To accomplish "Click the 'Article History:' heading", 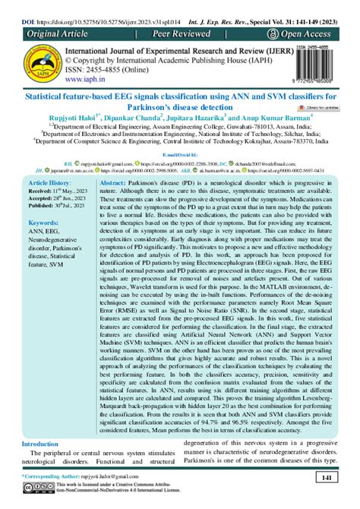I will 49,185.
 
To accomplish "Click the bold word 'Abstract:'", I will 118,185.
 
